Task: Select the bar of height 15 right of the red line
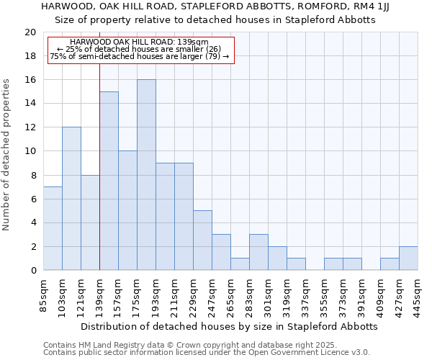[109, 181]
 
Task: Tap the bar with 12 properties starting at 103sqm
[71, 199]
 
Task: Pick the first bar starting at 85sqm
[53, 228]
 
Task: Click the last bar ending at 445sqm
[408, 258]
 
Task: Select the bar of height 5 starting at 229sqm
[202, 240]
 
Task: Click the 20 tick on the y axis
[30, 32]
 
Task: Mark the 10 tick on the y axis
[30, 151]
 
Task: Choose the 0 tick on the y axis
[33, 270]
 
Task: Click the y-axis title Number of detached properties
[7, 151]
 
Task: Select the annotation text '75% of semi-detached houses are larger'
[139, 56]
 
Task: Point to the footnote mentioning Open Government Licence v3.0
[207, 353]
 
